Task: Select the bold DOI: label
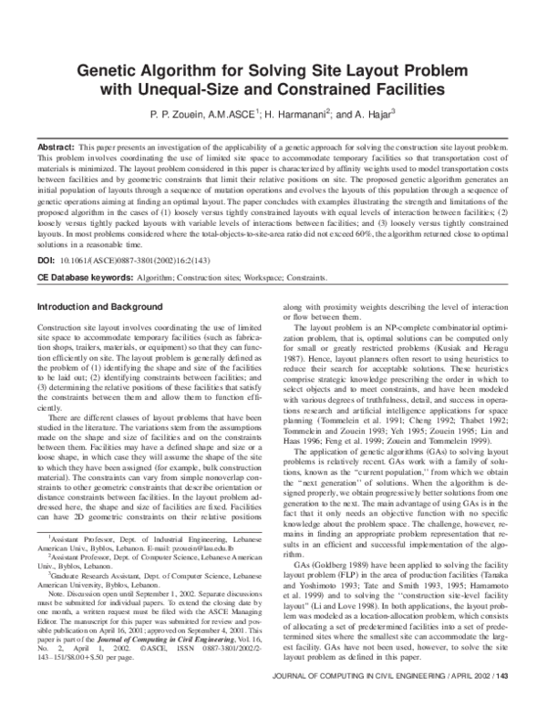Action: (45, 260)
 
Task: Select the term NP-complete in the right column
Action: (397, 326)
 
